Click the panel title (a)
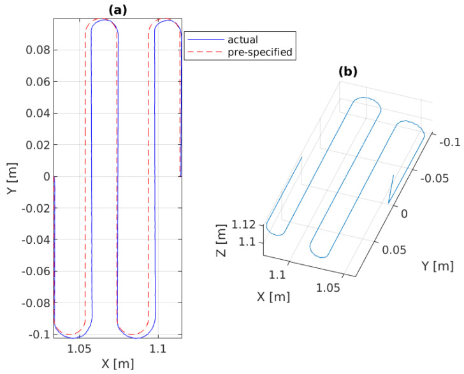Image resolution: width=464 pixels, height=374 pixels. point(117,10)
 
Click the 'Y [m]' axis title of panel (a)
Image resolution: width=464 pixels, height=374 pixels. point(12,176)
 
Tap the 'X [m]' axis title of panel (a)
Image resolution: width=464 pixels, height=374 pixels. point(117,364)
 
